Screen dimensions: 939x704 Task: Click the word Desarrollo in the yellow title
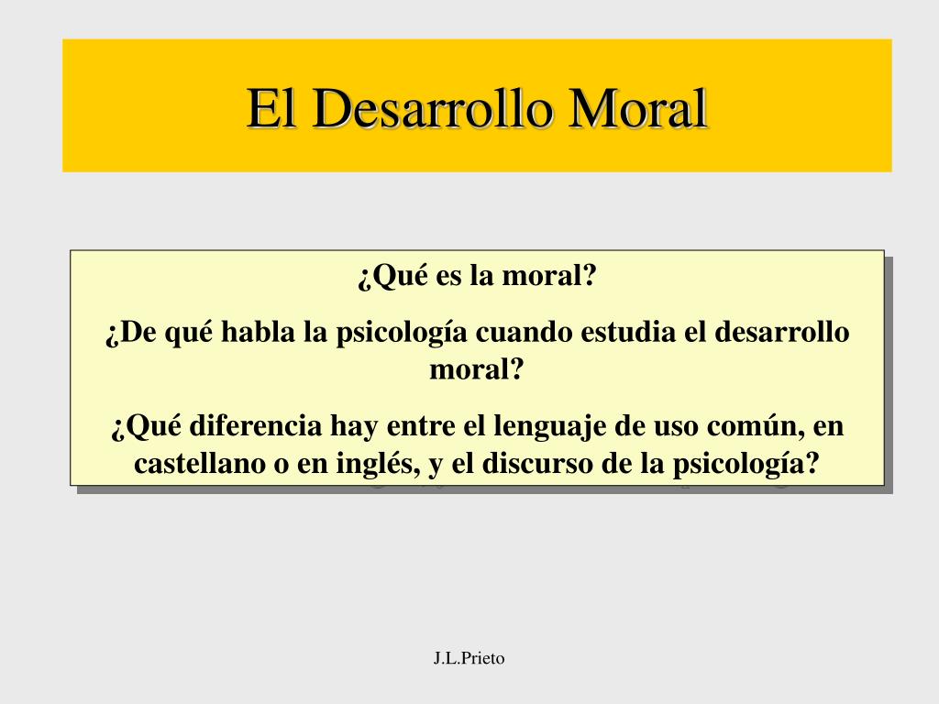[x=431, y=108]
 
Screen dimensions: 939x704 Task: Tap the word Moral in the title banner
[x=637, y=108]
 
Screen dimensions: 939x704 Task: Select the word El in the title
[x=271, y=108]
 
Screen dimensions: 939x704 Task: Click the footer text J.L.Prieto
[x=469, y=658]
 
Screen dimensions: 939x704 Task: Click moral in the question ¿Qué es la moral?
[x=549, y=275]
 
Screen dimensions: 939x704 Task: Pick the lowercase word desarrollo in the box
[x=781, y=332]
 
